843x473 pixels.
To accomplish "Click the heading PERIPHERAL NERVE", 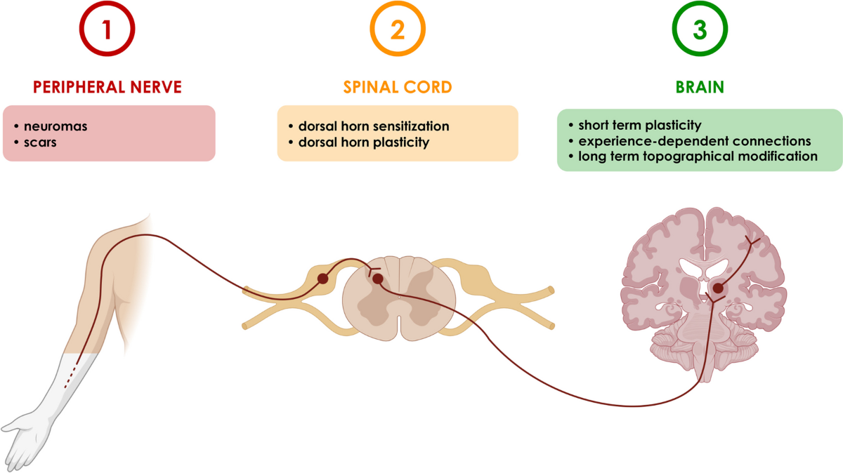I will point(107,87).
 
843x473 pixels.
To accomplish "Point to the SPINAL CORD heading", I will point(398,87).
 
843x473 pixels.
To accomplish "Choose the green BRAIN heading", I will point(700,87).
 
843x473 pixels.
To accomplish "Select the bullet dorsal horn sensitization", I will point(373,126).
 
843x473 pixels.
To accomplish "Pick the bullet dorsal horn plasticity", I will point(363,142).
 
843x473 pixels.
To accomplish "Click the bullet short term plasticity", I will point(639,126).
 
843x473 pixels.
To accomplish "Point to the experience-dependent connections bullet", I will point(694,141).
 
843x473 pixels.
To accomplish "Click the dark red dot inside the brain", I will point(718,288).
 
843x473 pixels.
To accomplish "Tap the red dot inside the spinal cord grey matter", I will point(378,279).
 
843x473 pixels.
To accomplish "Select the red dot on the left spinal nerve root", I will point(322,279).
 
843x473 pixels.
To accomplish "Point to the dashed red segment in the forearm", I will point(70,379).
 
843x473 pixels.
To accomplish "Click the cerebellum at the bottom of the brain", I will point(702,344).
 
